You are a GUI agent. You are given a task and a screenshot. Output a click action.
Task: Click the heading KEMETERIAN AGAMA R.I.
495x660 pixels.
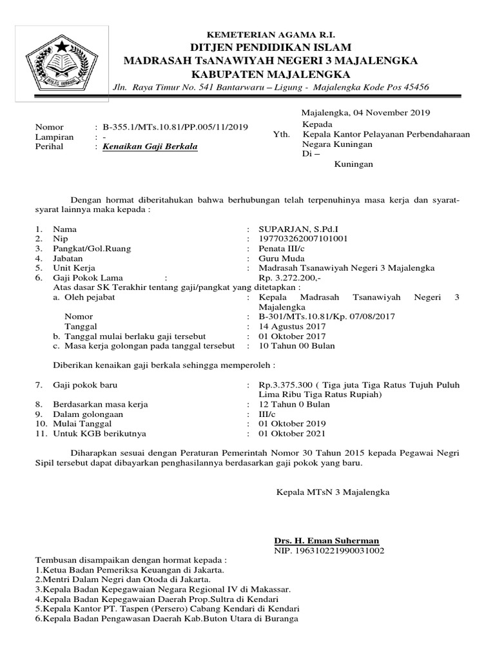coord(270,34)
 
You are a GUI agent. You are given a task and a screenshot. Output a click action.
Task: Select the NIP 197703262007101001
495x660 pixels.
coord(304,238)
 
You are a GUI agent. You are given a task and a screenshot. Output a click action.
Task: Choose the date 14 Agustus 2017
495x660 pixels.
coord(292,326)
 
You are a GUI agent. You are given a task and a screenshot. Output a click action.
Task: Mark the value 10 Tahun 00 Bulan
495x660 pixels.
coord(296,345)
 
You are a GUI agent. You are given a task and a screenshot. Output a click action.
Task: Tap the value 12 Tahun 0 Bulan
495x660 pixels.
coord(294,404)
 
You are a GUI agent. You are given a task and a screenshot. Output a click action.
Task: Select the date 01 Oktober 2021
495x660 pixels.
coord(291,433)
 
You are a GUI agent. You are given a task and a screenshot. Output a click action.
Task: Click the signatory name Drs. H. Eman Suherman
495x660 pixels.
coord(327,540)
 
